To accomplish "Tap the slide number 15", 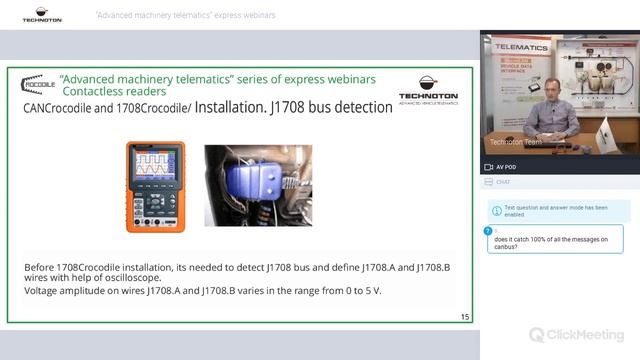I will tap(465, 317).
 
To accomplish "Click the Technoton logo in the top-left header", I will tap(41, 15).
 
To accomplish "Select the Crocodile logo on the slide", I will tap(37, 84).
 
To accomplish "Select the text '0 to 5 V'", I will tap(360, 291).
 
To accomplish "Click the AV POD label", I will tap(506, 167).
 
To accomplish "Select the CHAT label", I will tap(503, 182).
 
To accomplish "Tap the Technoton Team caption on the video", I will tap(511, 142).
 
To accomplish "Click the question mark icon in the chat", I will tap(488, 232).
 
